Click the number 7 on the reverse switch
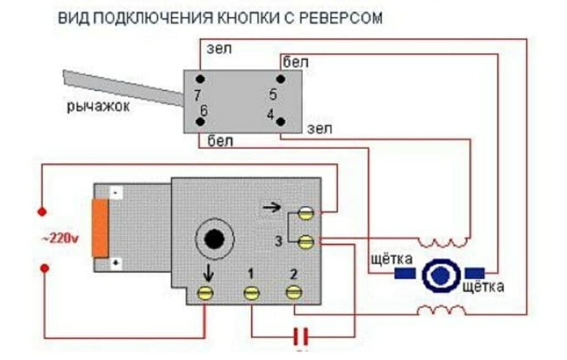click(197, 96)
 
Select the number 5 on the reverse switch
click(273, 94)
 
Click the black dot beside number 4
click(281, 121)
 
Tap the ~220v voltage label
click(60, 239)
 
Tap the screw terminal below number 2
click(293, 292)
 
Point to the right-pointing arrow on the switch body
click(271, 208)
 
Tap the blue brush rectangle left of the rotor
click(405, 273)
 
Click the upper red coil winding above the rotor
click(444, 242)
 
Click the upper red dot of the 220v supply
click(41, 212)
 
